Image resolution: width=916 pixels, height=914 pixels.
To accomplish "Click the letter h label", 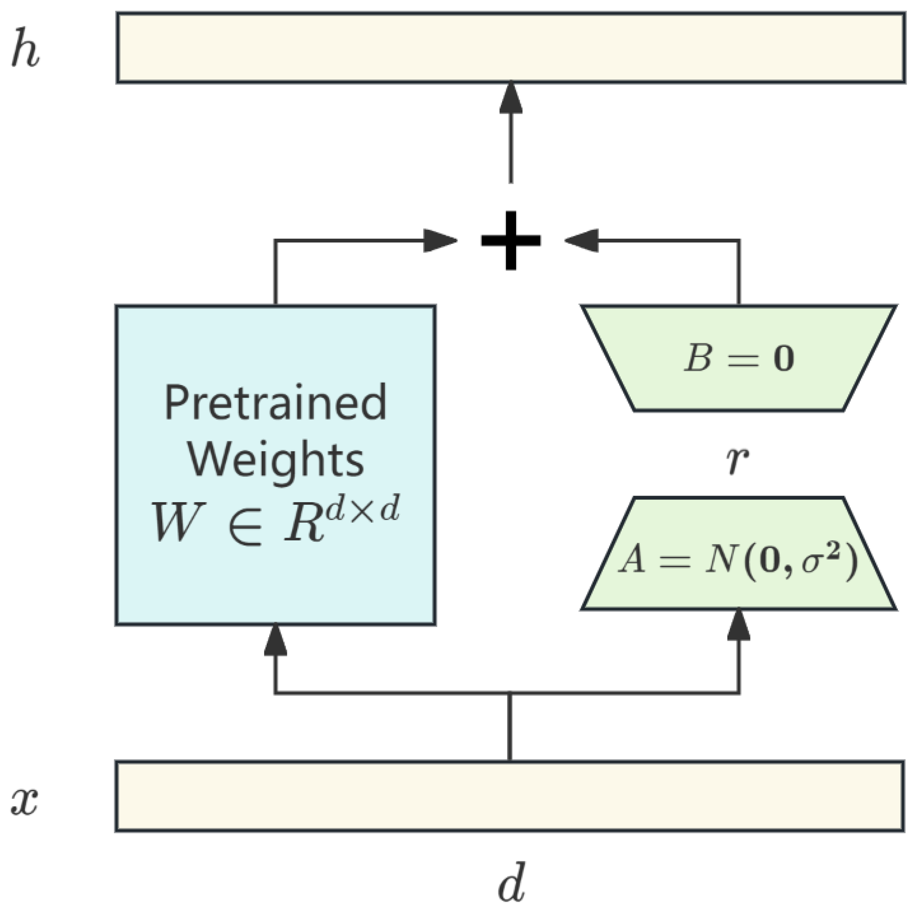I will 25,48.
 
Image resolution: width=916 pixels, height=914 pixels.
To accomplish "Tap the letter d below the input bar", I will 512,883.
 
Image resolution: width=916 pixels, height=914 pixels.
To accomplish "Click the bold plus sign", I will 511,240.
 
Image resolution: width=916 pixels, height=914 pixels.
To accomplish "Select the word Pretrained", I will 275,403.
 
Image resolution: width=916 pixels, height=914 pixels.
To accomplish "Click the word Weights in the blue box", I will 275,459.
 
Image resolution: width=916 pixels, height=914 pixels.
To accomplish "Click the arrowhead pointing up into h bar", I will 511,99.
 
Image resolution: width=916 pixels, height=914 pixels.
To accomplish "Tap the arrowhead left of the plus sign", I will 438,240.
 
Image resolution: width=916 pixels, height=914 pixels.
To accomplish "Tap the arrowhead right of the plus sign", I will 582,240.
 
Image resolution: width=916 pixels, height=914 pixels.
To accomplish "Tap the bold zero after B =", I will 784,359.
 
